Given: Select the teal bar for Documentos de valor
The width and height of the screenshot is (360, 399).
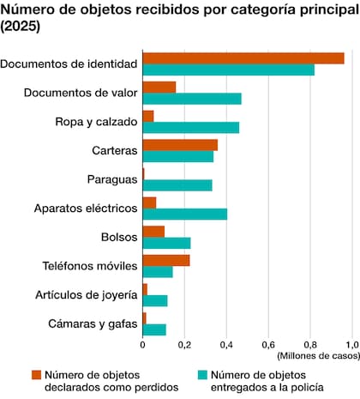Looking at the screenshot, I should [x=191, y=99].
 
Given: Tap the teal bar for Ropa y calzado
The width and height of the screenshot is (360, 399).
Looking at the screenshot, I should [x=190, y=128].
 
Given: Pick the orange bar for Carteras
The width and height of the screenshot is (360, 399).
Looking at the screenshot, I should [x=179, y=144].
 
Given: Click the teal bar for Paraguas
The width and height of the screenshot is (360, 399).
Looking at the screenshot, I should [x=177, y=185].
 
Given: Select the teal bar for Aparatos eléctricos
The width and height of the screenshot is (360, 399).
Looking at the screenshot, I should [x=184, y=215].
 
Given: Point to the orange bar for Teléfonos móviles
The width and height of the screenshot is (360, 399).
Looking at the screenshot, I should [x=165, y=260].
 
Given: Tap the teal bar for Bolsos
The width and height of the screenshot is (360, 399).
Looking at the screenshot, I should [x=166, y=244].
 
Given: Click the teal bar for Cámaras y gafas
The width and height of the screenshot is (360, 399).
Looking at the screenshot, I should [x=154, y=329].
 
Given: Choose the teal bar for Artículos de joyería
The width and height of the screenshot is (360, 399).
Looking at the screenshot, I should [x=154, y=300].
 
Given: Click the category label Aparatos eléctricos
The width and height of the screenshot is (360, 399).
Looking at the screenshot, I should [x=85, y=209].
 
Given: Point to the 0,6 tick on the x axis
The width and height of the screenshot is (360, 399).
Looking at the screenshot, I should [x=268, y=345].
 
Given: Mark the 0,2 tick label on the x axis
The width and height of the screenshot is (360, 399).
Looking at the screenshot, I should [x=184, y=345].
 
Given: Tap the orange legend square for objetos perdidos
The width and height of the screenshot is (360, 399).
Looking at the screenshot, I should [x=36, y=374].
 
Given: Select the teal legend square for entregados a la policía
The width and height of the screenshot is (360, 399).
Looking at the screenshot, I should [x=202, y=374].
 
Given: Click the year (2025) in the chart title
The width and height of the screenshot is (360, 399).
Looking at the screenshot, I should [x=22, y=27].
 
